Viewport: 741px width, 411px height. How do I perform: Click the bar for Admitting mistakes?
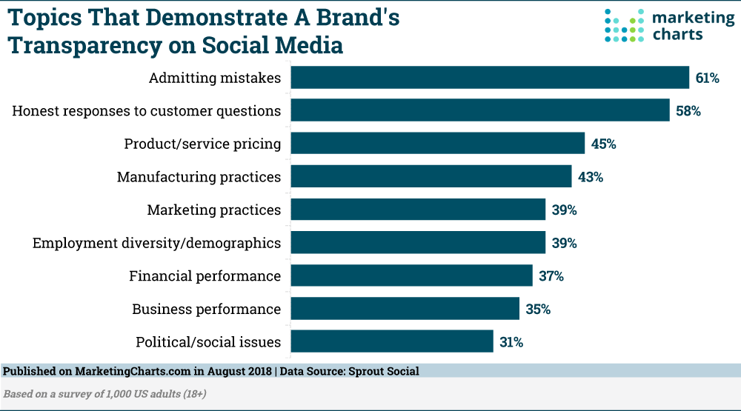[490, 77]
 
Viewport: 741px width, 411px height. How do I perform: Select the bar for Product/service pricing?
[437, 143]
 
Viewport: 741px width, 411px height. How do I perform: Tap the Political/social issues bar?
[392, 341]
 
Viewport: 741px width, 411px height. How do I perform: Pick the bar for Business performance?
[405, 309]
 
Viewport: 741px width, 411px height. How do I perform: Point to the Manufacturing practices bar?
[431, 176]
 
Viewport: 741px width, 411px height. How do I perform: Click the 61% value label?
[707, 77]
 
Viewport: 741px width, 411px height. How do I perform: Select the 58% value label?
[688, 110]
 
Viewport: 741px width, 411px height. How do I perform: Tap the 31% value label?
[511, 341]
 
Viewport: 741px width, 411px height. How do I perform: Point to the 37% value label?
[551, 275]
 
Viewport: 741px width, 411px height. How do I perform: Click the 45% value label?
[603, 143]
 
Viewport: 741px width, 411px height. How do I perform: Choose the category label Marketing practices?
[214, 210]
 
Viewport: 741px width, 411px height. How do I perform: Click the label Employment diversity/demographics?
[156, 243]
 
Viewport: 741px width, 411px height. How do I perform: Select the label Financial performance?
[205, 275]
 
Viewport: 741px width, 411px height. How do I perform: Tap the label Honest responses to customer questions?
[147, 110]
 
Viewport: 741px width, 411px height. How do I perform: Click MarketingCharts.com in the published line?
[122, 371]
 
